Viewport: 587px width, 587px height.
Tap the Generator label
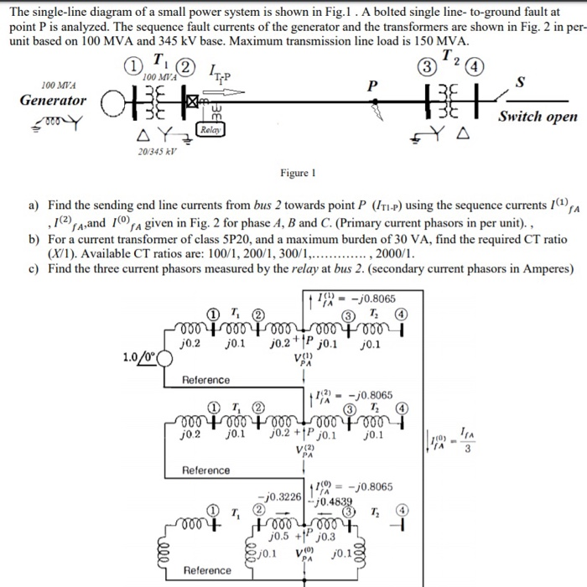click(54, 101)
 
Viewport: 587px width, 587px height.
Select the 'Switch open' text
click(538, 117)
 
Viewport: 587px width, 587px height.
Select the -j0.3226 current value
click(283, 496)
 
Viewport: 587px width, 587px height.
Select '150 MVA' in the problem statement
click(445, 41)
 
